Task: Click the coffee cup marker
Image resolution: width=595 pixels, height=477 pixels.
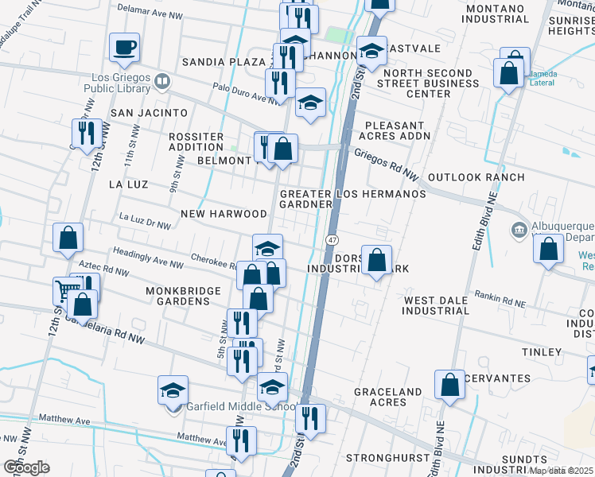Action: click(124, 47)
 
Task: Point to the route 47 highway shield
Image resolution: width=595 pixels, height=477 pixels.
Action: click(330, 239)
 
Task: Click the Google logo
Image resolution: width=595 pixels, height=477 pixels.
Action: click(26, 467)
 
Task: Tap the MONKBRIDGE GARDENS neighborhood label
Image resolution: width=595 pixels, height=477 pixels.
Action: click(183, 296)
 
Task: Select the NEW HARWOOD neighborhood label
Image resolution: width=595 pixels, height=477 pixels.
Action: click(224, 214)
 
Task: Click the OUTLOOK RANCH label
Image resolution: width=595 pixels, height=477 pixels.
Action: click(476, 176)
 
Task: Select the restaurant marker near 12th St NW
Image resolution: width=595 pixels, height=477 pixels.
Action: click(84, 133)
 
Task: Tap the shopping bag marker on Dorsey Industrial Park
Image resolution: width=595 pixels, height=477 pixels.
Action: click(376, 259)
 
